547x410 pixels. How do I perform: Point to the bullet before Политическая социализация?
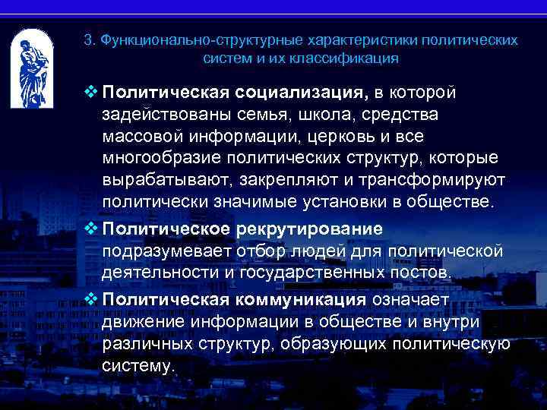(91, 93)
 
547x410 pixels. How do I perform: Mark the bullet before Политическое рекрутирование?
(91, 227)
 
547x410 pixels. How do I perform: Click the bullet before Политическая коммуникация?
(91, 298)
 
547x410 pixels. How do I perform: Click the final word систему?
(138, 365)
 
